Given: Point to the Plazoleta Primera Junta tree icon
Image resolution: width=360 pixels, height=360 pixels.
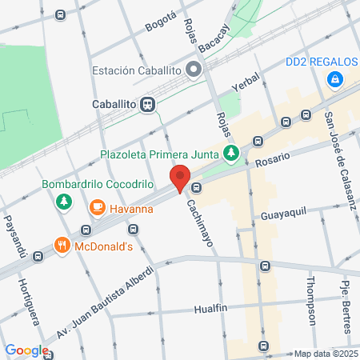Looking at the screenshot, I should click(231, 152).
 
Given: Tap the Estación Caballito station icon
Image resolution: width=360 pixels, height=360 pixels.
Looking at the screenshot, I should click(194, 70).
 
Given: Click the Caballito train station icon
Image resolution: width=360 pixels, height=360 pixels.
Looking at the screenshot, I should click(147, 104).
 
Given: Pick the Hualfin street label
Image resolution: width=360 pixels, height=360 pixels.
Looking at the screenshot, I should click(216, 309).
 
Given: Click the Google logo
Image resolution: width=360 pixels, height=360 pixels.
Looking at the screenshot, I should click(26, 350).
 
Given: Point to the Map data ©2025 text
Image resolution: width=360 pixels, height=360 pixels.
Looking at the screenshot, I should click(324, 354).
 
